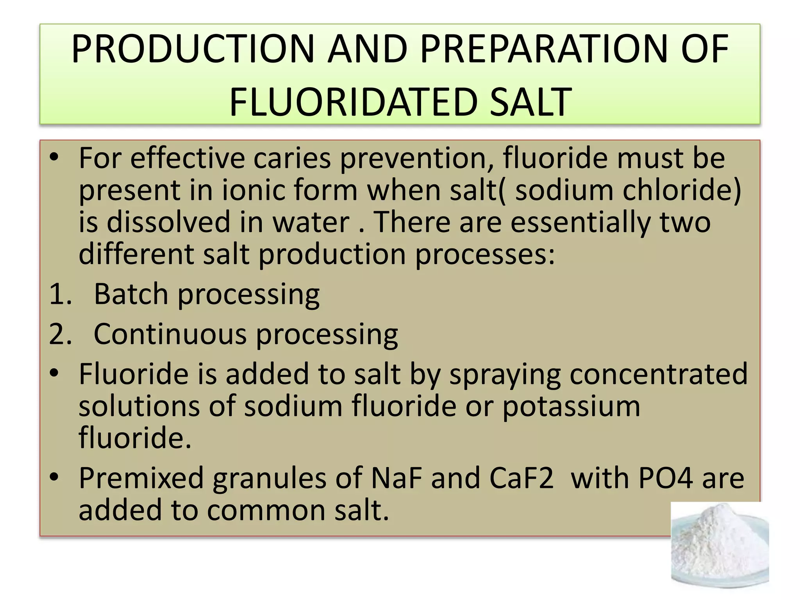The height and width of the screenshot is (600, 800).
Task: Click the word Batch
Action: (131, 294)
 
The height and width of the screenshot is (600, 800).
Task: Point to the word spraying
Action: (505, 374)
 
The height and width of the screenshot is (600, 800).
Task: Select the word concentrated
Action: (659, 374)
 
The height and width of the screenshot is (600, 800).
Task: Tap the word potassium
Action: (571, 406)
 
